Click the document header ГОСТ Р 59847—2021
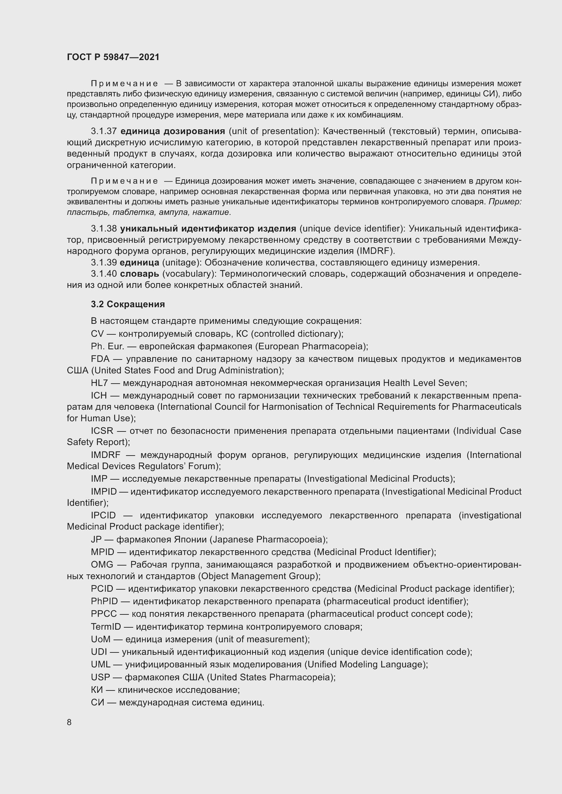[113, 57]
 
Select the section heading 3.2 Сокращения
[128, 304]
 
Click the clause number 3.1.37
[104, 131]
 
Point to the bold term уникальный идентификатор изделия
[208, 228]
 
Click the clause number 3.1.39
[104, 262]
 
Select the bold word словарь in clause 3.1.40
[139, 274]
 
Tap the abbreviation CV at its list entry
[97, 334]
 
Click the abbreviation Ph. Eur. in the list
[107, 346]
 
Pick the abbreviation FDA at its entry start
[100, 359]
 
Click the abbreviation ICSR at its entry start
[102, 431]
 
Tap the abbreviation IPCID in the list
[103, 515]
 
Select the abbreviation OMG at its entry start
[102, 565]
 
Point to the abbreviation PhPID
[104, 601]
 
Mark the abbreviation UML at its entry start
[101, 664]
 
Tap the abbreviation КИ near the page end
[97, 689]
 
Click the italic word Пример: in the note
[505, 202]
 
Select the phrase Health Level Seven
[425, 383]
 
